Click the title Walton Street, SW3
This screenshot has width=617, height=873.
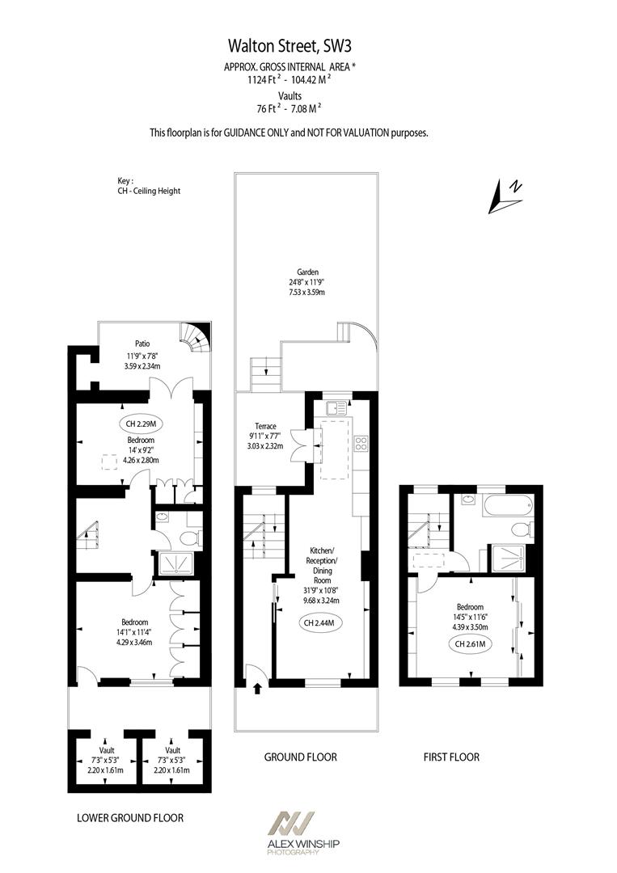[308, 48]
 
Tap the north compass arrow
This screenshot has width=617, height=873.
[506, 195]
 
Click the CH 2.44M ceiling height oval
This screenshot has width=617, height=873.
[319, 623]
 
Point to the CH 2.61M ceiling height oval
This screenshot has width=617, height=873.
[471, 643]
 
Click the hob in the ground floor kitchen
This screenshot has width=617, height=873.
[361, 443]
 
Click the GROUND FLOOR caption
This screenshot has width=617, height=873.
[300, 757]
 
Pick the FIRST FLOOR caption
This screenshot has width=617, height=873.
[451, 757]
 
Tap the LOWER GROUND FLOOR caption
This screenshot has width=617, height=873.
[130, 818]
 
